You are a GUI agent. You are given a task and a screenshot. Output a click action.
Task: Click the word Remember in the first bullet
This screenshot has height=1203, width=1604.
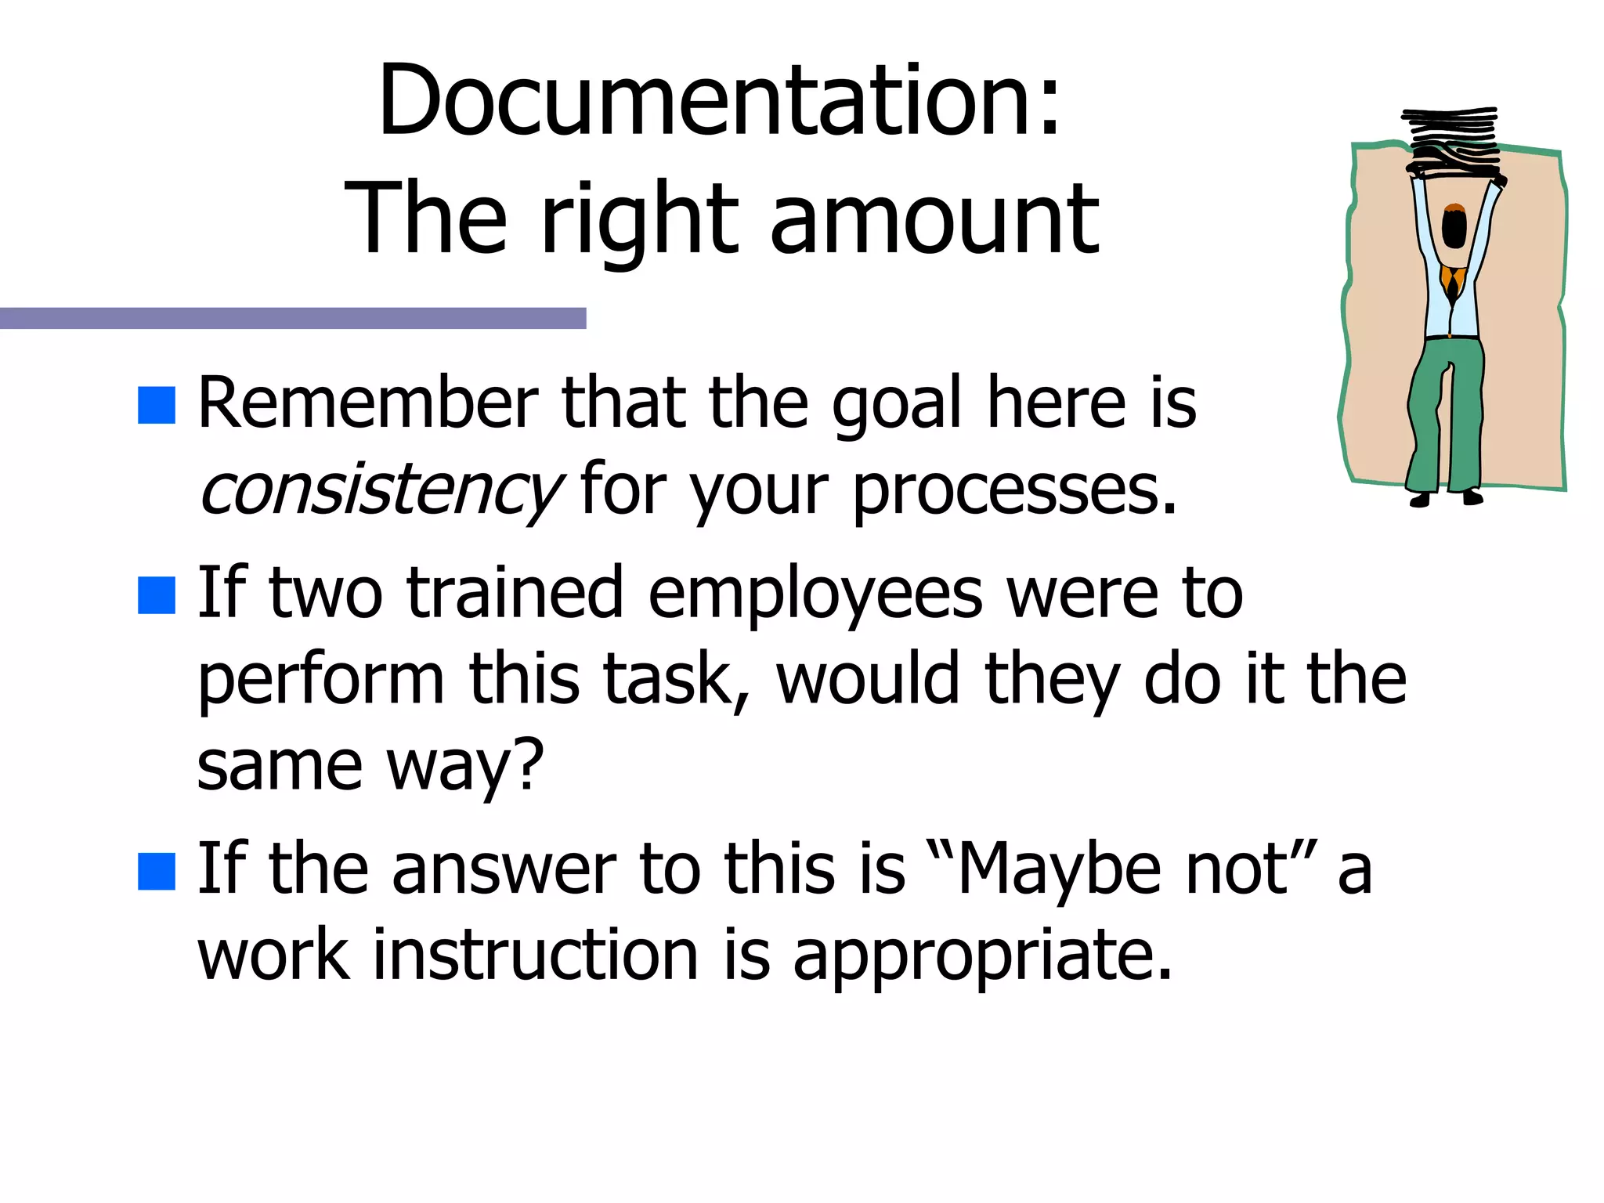pos(368,403)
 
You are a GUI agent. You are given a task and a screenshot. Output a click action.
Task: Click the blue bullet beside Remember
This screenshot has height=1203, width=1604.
pos(156,405)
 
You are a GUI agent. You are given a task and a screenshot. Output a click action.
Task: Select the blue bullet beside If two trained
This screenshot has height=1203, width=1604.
pos(156,596)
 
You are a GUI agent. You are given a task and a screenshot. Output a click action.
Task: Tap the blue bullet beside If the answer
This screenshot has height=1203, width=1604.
pos(156,872)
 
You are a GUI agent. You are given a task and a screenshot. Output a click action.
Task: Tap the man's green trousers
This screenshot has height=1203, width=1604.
pos(1445,415)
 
